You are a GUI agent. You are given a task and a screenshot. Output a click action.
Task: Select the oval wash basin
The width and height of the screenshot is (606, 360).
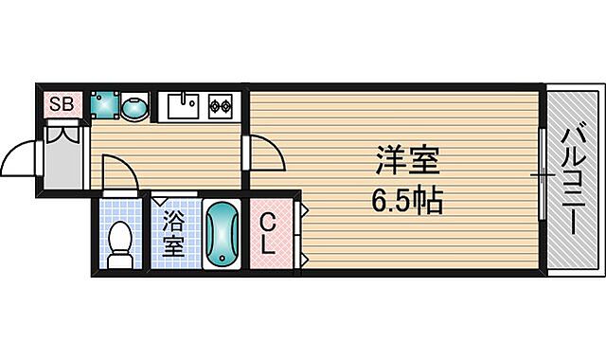point(135,108)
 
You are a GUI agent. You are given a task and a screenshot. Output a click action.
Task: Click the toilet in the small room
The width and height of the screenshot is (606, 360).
point(120,243)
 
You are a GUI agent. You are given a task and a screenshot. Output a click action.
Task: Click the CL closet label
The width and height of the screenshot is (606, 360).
point(269,235)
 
